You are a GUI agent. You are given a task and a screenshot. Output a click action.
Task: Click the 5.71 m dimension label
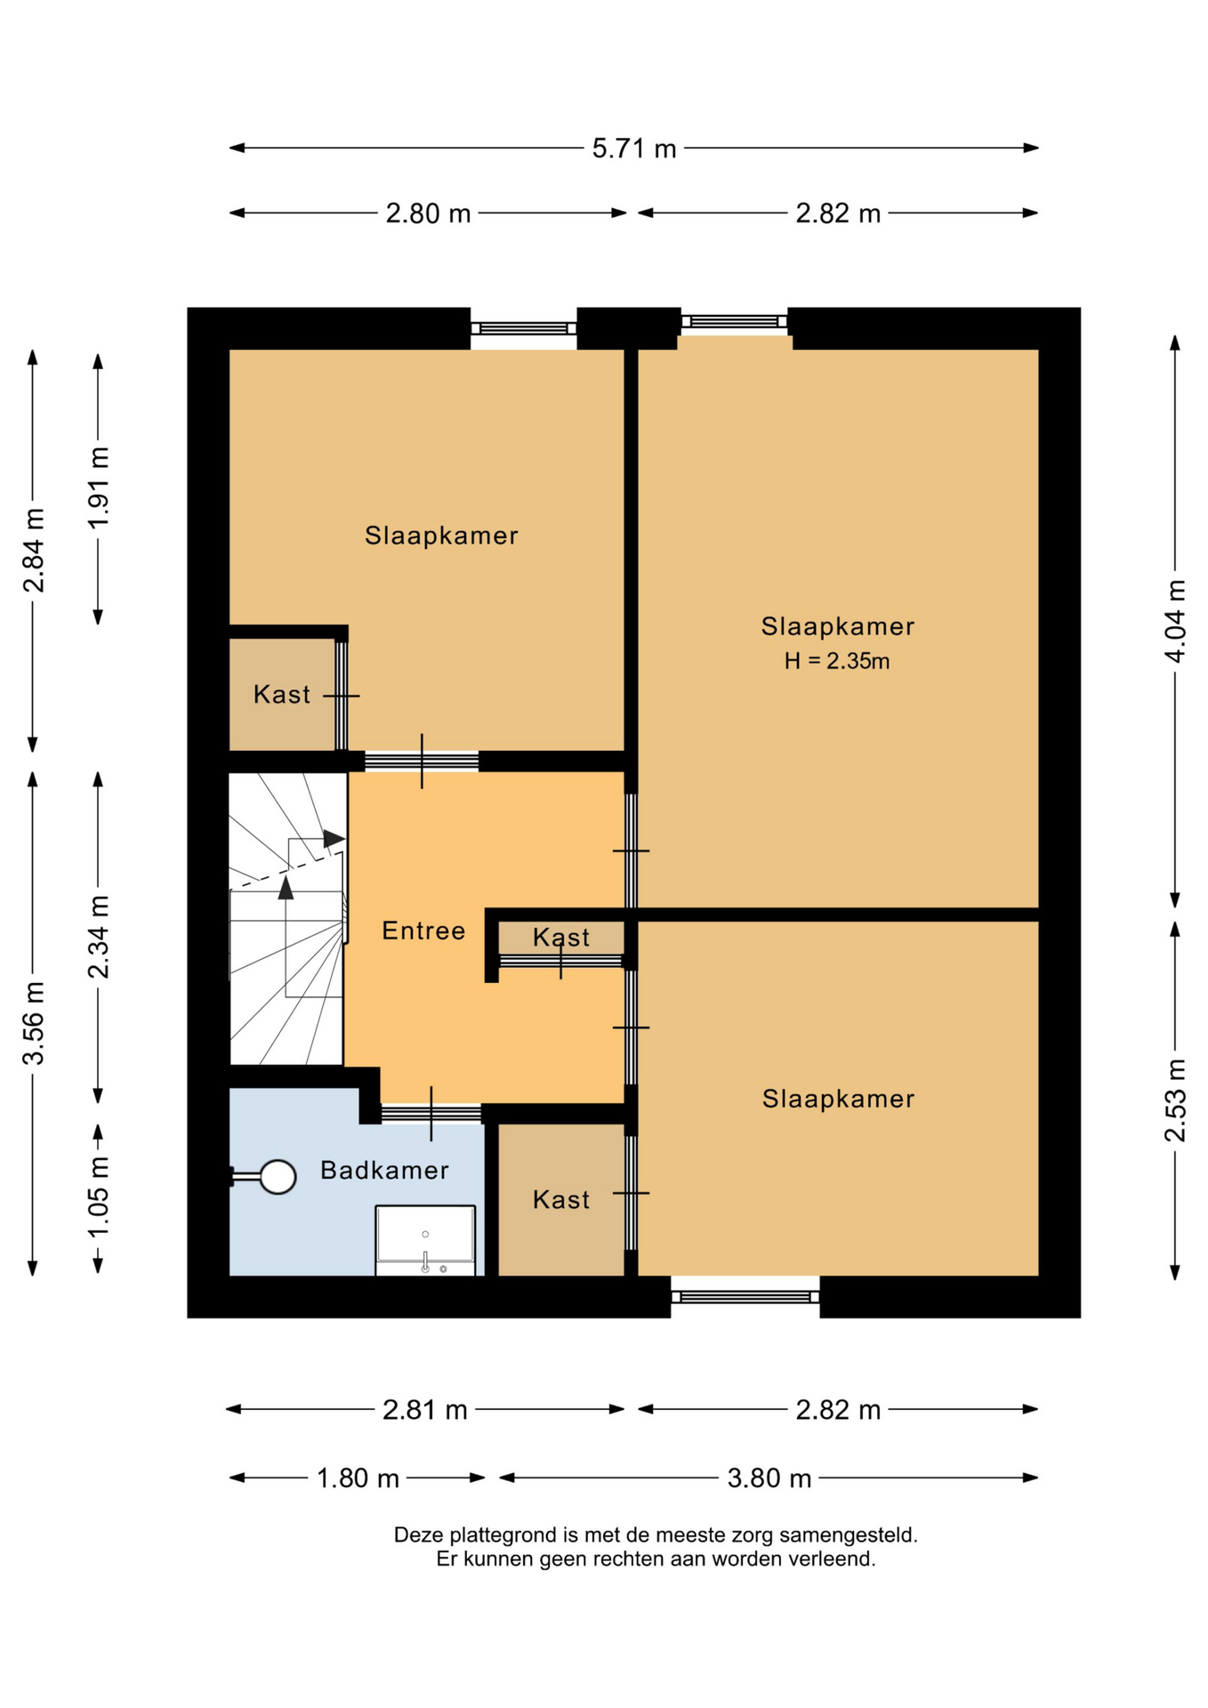tap(634, 148)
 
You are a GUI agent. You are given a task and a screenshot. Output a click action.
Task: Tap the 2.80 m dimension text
tap(428, 213)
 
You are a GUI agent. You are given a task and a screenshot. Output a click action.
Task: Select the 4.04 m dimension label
tap(1175, 621)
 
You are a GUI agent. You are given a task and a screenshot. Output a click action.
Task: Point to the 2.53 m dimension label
tap(1175, 1100)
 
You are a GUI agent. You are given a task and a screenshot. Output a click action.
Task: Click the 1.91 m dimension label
tap(99, 487)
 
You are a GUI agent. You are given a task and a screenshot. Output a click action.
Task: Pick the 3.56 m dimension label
tap(34, 1023)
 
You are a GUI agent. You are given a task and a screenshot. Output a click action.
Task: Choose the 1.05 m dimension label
tap(99, 1196)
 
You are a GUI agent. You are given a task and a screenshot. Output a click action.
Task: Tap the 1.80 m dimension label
tap(358, 1478)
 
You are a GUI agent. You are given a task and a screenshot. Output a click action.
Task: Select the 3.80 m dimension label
tap(769, 1478)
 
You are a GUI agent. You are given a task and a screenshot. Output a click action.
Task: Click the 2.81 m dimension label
tap(425, 1410)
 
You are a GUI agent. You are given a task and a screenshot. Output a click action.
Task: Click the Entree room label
tap(423, 931)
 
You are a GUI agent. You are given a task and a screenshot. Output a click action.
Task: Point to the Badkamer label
tap(384, 1170)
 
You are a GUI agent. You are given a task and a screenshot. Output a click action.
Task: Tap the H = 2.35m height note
tap(837, 661)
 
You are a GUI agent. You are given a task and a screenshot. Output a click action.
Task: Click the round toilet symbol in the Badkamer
tap(278, 1177)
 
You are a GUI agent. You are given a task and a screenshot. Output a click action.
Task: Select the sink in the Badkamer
tap(425, 1240)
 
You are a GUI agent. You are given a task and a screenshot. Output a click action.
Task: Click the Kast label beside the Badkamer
tap(561, 1200)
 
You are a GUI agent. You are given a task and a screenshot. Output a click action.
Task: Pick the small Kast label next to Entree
tap(561, 937)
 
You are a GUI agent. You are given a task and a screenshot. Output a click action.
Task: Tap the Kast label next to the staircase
tap(282, 694)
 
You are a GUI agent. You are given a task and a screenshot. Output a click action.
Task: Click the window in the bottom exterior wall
tap(745, 1297)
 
